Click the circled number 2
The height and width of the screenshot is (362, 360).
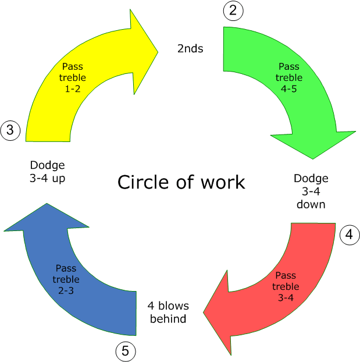click(x=233, y=10)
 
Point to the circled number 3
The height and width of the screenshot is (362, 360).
click(x=10, y=131)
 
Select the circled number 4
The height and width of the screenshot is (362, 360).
click(x=348, y=235)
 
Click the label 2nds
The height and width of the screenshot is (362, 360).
click(x=190, y=48)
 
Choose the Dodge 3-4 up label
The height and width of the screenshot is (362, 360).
click(x=48, y=171)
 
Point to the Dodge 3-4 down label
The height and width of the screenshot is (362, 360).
click(x=311, y=191)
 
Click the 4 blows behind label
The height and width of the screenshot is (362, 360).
click(x=168, y=313)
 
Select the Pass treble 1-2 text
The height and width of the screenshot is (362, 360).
click(x=72, y=77)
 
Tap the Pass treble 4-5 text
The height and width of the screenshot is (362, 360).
click(x=289, y=77)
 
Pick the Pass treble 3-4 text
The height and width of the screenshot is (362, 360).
click(x=286, y=286)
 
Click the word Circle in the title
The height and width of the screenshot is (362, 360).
click(x=142, y=182)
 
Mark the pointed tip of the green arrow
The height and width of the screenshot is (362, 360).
click(x=314, y=158)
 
